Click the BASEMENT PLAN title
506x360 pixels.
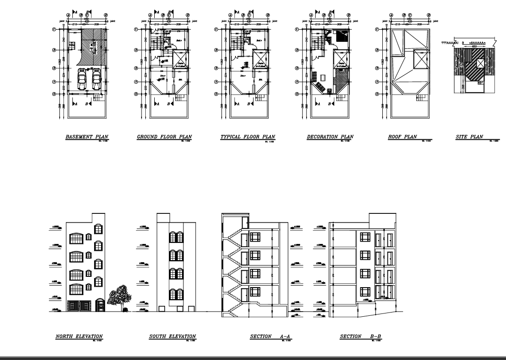point(87,137)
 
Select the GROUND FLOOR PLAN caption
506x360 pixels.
point(164,137)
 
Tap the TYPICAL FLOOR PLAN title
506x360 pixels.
point(247,137)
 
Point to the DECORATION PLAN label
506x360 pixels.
point(330,137)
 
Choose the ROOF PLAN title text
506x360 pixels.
point(402,137)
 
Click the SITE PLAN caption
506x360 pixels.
point(469,137)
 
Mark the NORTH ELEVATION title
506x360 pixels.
point(79,336)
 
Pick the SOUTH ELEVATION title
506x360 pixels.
point(172,336)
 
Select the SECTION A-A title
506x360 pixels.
point(270,336)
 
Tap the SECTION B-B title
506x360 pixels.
point(360,336)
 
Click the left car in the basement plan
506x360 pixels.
point(82,79)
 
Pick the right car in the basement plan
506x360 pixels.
point(97,79)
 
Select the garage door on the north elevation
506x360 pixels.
point(79,305)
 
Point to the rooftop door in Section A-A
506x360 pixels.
point(245,223)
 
